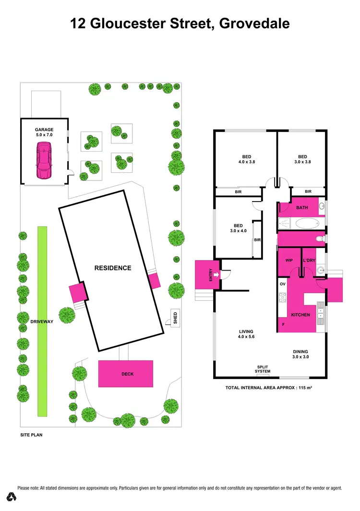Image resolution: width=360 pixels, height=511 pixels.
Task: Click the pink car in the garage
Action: [x=44, y=163]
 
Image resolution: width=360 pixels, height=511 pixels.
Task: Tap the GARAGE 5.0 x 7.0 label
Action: [x=44, y=132]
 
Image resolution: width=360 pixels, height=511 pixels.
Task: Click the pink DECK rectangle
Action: [x=126, y=374]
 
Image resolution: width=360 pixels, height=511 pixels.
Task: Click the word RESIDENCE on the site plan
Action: [x=112, y=268]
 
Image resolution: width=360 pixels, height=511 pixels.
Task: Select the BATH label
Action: [x=302, y=208]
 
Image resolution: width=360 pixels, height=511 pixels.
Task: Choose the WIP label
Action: [x=289, y=260]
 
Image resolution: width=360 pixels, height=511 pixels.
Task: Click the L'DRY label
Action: [x=308, y=260]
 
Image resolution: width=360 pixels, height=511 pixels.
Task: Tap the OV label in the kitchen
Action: [x=282, y=284]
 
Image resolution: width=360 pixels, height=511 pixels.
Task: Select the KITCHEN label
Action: [x=300, y=315]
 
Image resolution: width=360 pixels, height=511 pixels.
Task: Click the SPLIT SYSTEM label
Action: [x=263, y=369]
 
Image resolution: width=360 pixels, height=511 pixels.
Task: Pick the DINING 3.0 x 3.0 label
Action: [x=300, y=354]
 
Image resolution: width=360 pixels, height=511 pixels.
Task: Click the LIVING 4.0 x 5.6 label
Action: [x=246, y=334]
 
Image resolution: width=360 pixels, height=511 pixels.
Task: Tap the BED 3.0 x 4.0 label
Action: [x=238, y=228]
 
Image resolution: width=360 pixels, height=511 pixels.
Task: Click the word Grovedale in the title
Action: [x=254, y=23]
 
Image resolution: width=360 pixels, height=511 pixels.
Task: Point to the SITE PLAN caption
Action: [x=32, y=436]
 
